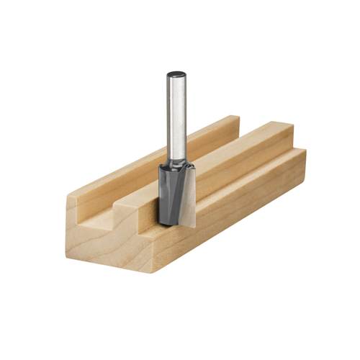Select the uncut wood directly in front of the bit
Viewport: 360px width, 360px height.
[x=155, y=220]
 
